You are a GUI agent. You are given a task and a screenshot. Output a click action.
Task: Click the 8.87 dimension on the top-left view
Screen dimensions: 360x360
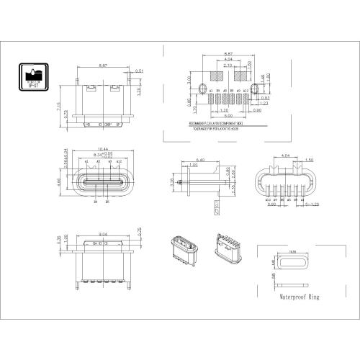[102, 66]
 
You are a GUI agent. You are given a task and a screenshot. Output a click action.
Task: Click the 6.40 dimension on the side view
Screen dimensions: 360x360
[201, 160]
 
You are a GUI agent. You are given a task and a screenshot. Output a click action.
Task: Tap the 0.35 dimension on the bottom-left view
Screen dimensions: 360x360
[57, 241]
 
